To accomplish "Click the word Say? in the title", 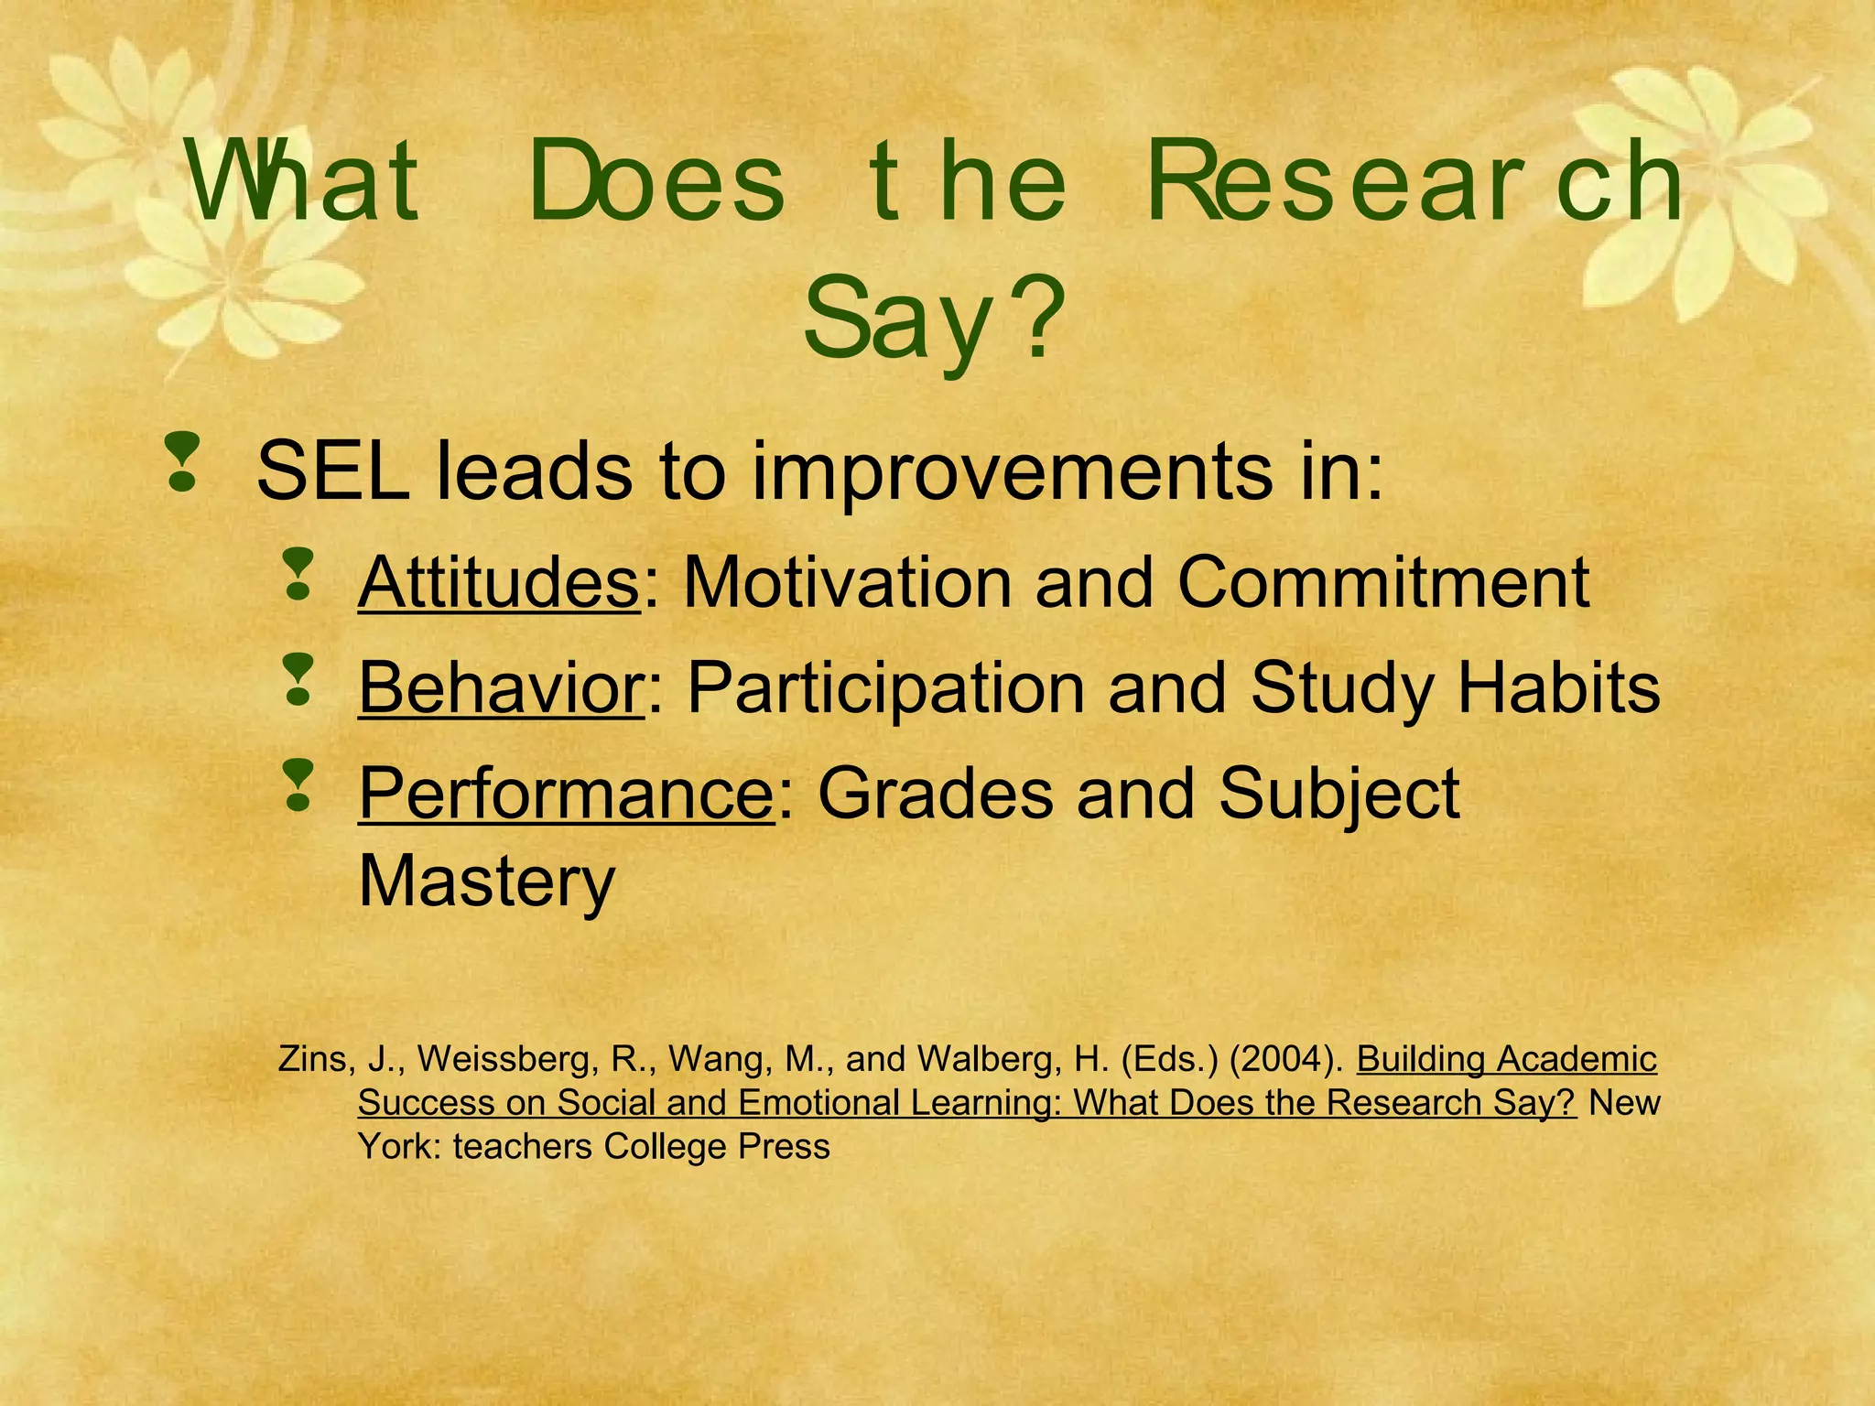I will point(934,320).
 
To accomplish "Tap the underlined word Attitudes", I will point(498,582).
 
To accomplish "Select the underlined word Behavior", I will point(501,688).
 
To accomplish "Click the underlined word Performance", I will point(566,794).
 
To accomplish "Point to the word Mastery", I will point(486,881).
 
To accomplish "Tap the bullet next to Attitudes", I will point(298,575).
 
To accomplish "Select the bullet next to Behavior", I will point(298,680).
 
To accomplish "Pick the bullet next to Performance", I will point(298,785).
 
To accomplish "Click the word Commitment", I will point(1382,582).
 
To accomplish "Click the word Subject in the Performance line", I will point(1339,794).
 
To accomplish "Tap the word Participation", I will point(885,688).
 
